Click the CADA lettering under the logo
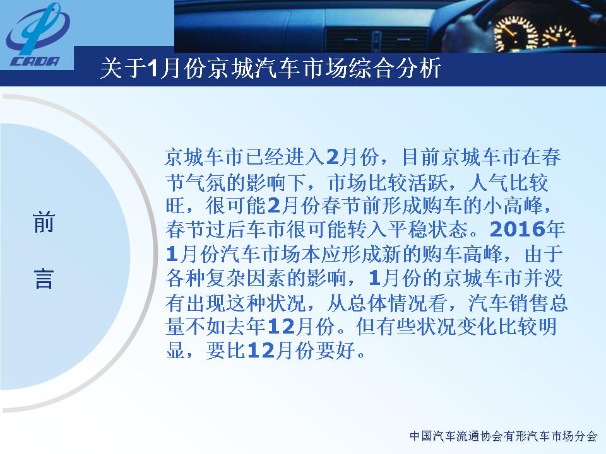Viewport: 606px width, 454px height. coord(35,61)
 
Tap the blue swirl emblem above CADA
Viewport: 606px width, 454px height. coord(38,30)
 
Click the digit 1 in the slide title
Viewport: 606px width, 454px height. coord(153,69)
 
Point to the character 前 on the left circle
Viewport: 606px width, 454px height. coord(44,223)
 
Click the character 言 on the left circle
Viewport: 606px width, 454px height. coord(44,279)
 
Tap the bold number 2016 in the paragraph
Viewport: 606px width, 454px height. coord(517,230)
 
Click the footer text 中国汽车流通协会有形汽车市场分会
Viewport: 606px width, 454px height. coord(504,436)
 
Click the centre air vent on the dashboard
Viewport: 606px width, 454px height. coord(377,40)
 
